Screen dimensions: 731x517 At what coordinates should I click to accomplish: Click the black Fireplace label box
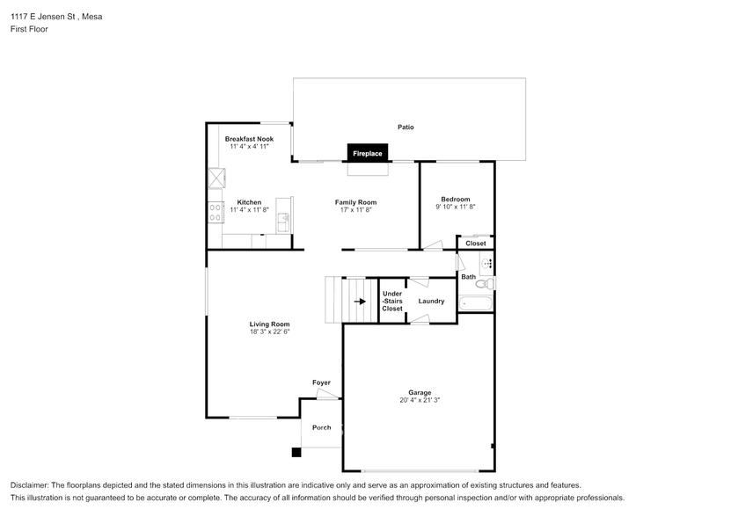[368, 153]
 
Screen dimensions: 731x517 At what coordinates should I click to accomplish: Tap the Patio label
[406, 127]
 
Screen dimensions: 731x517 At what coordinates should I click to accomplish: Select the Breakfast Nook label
[249, 139]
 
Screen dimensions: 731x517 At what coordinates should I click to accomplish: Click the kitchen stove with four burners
[215, 213]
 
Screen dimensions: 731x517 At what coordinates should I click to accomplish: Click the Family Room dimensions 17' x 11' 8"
[355, 210]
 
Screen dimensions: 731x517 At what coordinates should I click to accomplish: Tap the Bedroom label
[456, 199]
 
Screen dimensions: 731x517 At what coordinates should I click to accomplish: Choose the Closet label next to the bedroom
[476, 244]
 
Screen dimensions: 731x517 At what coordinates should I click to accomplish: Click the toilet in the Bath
[486, 283]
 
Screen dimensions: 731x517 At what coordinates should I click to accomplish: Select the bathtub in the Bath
[476, 303]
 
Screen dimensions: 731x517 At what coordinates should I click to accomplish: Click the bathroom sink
[486, 264]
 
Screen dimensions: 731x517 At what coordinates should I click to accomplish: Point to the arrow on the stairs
[360, 302]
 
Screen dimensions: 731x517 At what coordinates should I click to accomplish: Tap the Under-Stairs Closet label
[392, 302]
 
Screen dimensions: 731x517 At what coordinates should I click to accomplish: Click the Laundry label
[431, 302]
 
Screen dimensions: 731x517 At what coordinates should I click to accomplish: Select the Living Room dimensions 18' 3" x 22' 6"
[269, 332]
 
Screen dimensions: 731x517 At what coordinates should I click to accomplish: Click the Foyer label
[321, 382]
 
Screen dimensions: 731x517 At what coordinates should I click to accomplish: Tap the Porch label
[322, 427]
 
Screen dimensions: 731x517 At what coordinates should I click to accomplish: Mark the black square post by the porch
[296, 452]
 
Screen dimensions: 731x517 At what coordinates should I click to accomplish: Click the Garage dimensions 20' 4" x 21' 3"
[420, 400]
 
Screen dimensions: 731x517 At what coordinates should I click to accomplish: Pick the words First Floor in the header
[29, 29]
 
